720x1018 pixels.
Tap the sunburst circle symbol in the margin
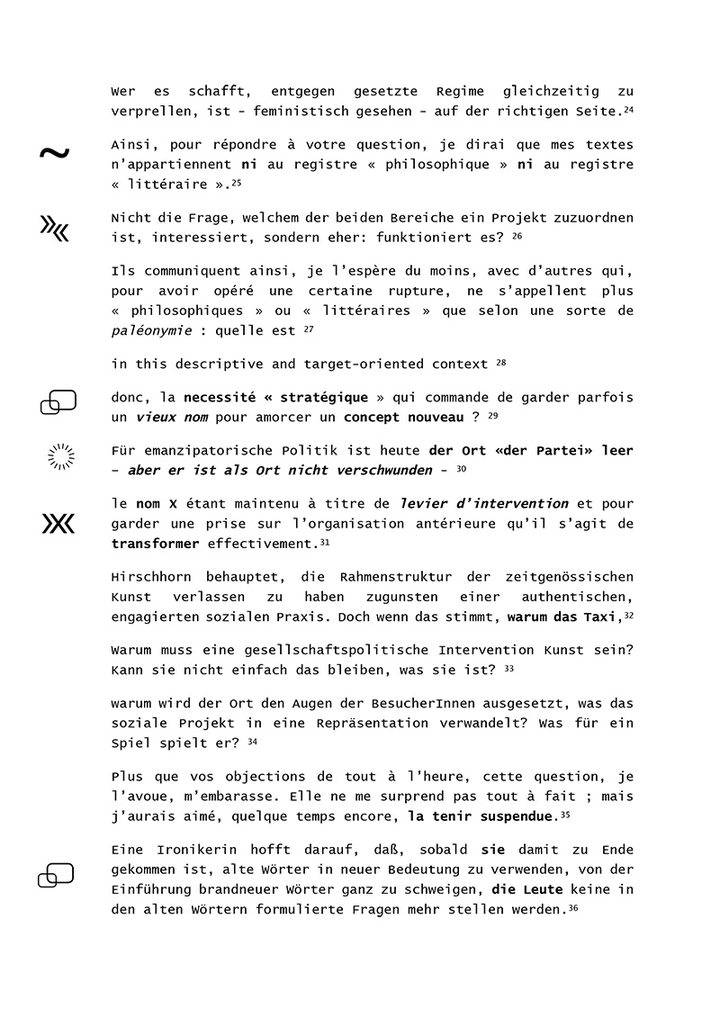[60, 457]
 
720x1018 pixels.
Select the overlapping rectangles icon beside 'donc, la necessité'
[58, 402]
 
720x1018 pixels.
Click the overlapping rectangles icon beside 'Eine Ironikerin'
[56, 874]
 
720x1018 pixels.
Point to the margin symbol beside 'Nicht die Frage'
[54, 230]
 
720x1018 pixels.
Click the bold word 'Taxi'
[603, 617]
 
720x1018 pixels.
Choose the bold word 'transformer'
[156, 544]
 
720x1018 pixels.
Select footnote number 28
[501, 362]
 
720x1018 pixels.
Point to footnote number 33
[508, 669]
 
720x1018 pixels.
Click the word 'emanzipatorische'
[199, 451]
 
